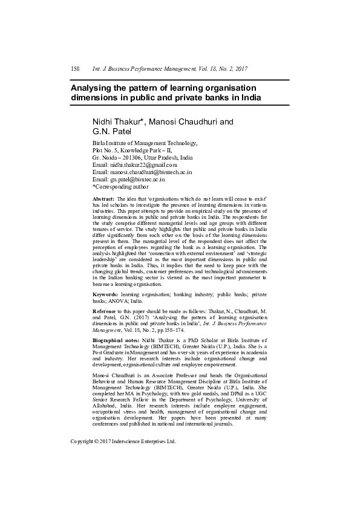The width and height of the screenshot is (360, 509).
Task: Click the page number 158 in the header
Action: tap(76, 69)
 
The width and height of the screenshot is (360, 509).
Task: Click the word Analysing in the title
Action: tap(94, 88)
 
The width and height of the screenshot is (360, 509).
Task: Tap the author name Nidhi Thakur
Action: tap(117, 122)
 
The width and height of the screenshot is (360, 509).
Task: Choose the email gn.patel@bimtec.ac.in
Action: tap(137, 179)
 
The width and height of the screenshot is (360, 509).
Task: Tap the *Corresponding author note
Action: tap(120, 187)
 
